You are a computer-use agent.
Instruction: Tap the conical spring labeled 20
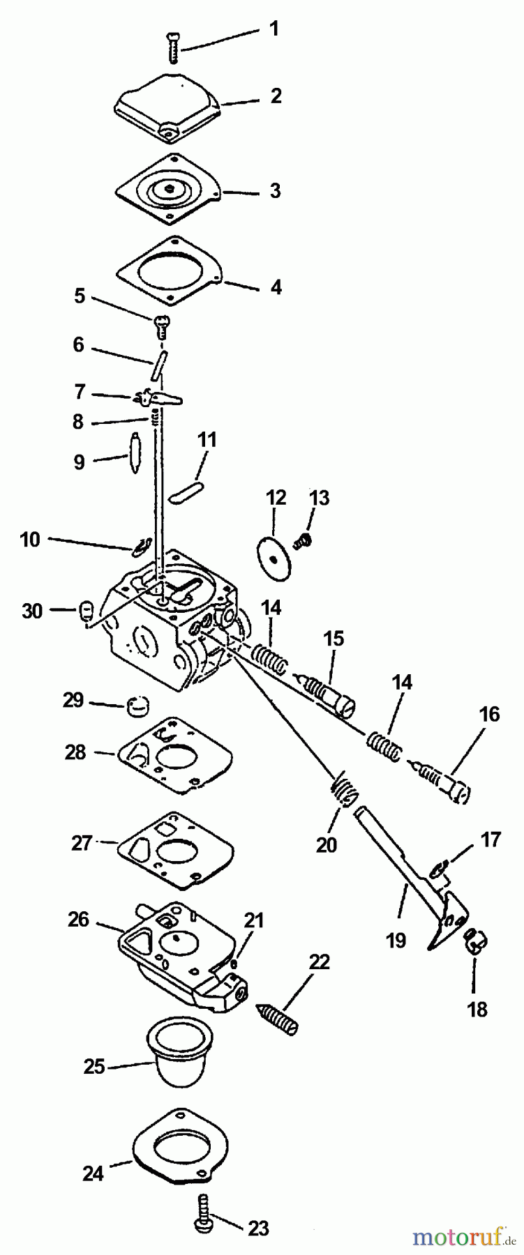(x=343, y=791)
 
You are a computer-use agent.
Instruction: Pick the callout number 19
(x=395, y=940)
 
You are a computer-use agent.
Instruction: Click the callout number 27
(x=82, y=843)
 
